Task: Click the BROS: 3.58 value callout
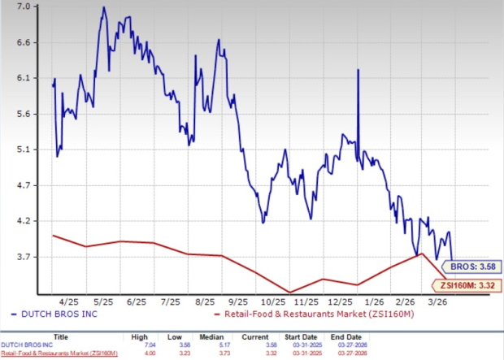473,266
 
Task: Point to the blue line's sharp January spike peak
358,71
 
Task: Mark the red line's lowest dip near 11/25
289,293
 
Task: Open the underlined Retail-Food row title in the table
59,353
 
